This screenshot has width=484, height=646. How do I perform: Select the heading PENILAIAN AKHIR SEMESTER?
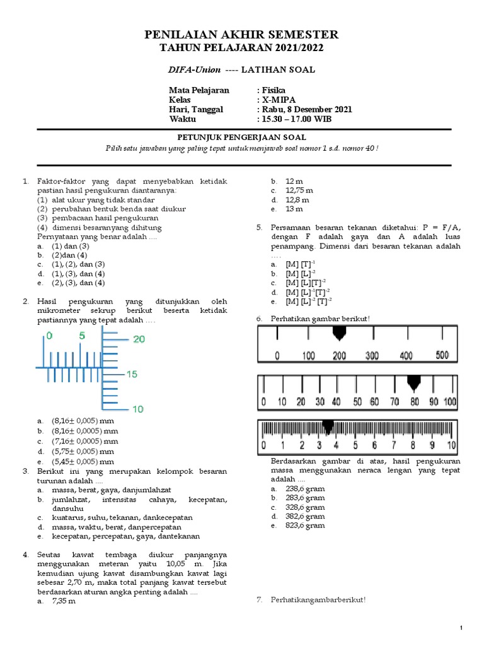coord(241,35)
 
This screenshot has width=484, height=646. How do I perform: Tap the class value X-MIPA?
coord(278,100)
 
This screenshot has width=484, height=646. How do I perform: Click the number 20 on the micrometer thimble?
coord(139,339)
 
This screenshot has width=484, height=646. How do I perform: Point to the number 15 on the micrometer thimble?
coord(132,374)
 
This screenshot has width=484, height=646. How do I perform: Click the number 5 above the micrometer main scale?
coord(82,336)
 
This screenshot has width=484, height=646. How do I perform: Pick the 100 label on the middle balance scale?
coord(450,402)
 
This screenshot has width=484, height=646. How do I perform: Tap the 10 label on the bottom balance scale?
coord(451,446)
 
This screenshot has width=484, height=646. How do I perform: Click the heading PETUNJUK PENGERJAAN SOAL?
coord(242,137)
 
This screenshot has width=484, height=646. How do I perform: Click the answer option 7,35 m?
coord(63,601)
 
